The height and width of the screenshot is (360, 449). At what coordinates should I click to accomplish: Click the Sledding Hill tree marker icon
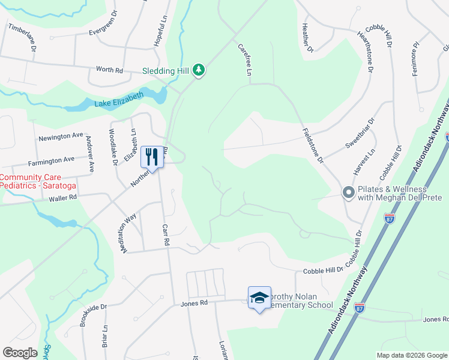199,71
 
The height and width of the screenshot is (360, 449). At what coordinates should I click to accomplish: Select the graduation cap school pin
259,297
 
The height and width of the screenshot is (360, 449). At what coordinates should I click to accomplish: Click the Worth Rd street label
109,70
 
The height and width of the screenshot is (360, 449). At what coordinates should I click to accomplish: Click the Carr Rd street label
166,235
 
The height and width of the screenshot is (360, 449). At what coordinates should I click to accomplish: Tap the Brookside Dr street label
93,315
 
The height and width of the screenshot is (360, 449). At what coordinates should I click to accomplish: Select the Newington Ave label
61,136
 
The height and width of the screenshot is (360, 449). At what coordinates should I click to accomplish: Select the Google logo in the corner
20,353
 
